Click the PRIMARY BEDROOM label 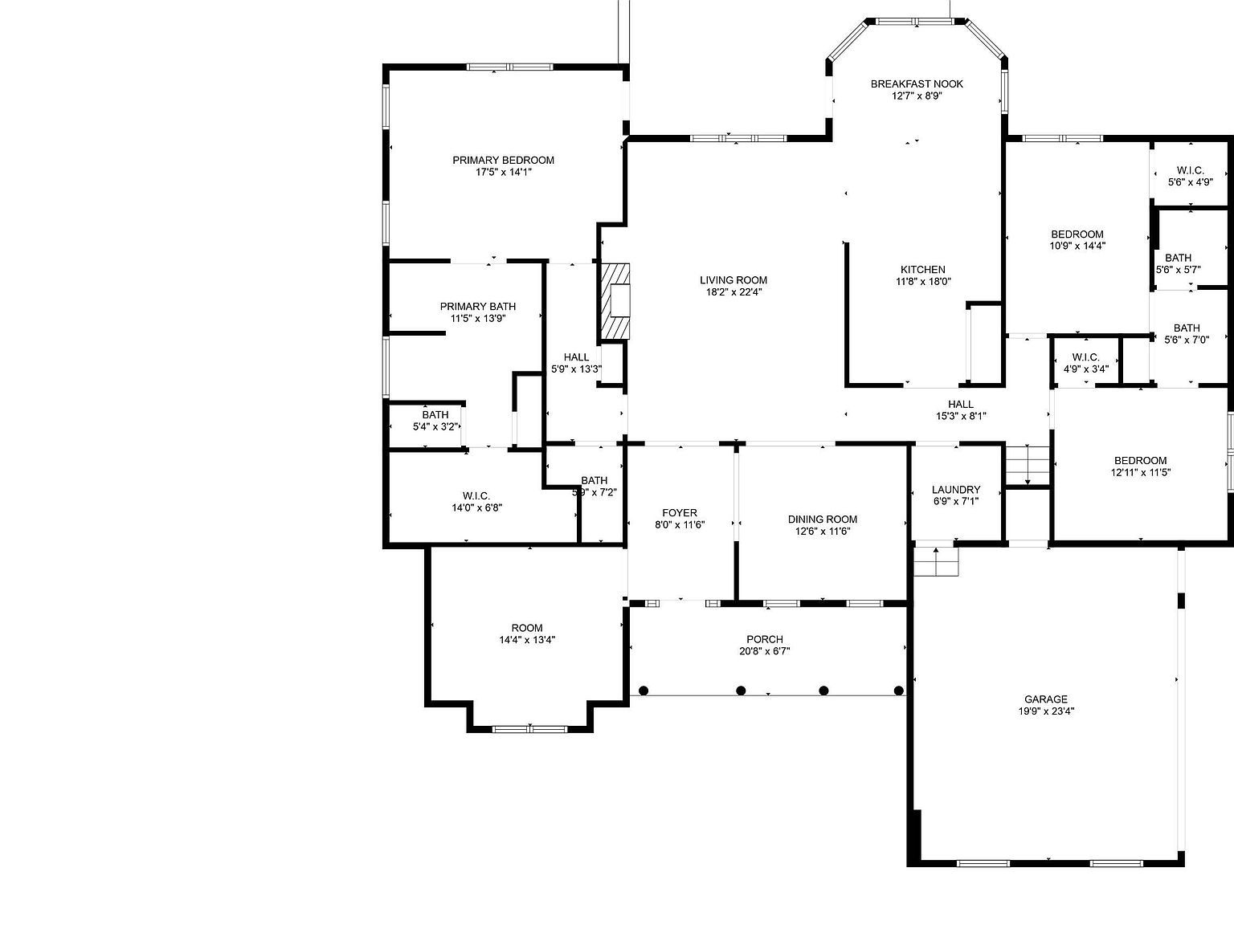pos(503,160)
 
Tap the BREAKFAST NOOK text pos(917,84)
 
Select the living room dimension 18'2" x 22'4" pos(733,292)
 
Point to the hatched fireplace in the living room pos(615,301)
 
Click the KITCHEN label pos(922,270)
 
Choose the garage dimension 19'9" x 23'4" pos(1046,711)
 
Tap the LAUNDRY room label pos(956,490)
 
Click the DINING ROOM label pos(822,520)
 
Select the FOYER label pos(680,513)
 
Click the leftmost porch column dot pos(644,690)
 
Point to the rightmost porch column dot pos(899,690)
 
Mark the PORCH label pos(764,640)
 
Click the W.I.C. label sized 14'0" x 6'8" pos(476,496)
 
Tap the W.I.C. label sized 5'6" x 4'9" pos(1190,170)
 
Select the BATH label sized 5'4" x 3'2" pos(435,415)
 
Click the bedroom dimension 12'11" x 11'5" pos(1141,473)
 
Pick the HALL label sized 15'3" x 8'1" pos(961,405)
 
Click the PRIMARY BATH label pos(478,307)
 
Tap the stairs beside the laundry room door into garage pos(937,561)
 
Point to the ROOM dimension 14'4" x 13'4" pos(527,640)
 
